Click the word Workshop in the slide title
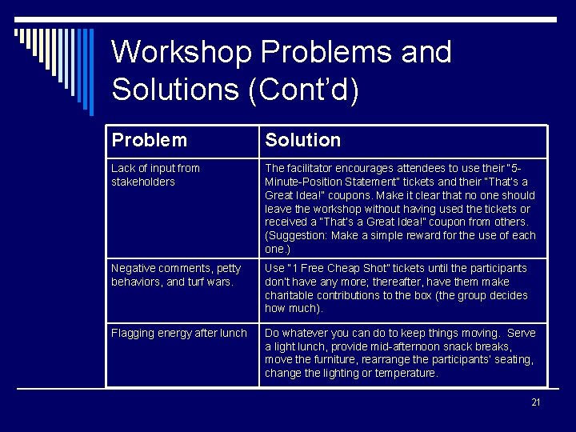click(x=182, y=53)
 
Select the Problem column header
click(x=150, y=141)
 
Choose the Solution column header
click(x=302, y=141)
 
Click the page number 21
click(x=536, y=402)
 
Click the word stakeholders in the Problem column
click(x=143, y=182)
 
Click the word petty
click(x=228, y=268)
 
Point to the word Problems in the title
click(x=330, y=53)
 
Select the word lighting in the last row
click(x=363, y=374)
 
